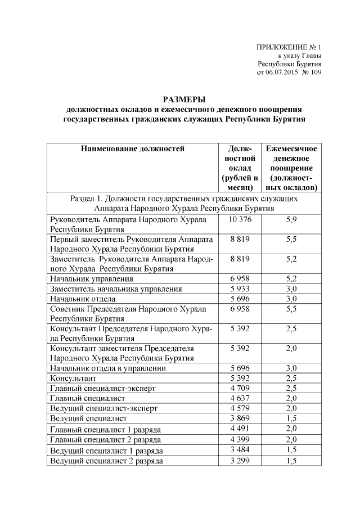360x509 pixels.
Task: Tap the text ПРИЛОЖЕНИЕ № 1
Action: tap(288, 47)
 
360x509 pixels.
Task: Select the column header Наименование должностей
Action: tap(133, 149)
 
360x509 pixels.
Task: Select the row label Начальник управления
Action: tap(92, 278)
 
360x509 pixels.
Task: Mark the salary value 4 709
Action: tap(240, 388)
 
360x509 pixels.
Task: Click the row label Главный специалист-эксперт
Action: tap(102, 388)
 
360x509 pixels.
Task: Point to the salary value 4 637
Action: tap(240, 398)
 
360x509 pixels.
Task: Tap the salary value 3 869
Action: tap(240, 418)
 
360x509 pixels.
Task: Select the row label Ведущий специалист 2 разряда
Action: tap(107, 461)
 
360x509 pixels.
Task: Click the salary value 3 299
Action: tap(240, 461)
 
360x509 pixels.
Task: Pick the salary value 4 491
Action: tap(240, 429)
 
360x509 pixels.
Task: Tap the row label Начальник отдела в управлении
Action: tap(108, 368)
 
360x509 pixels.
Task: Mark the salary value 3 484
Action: tap(240, 450)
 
